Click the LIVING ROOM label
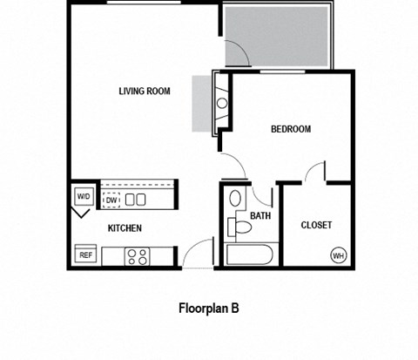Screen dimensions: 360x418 (144, 91)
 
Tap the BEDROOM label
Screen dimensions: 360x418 (290, 129)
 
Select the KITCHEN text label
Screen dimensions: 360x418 (125, 228)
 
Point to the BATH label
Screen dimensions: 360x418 (260, 216)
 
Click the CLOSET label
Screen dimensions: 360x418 (316, 225)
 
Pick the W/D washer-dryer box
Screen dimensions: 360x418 (84, 197)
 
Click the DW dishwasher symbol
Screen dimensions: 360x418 (111, 200)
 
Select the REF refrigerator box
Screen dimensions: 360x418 (85, 255)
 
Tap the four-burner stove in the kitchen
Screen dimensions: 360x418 (137, 256)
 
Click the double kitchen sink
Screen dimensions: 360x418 (135, 200)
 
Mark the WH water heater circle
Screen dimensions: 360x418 (337, 255)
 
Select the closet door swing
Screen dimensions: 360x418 (315, 172)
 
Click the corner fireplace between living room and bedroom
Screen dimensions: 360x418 (220, 103)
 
